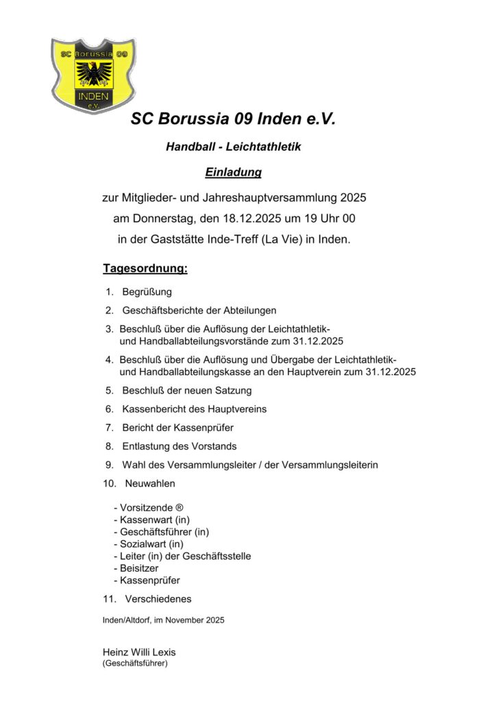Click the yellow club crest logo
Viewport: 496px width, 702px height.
point(93,75)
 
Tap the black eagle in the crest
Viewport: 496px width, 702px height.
point(93,71)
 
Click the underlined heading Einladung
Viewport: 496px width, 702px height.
point(234,172)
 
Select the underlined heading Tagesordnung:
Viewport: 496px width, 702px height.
point(145,268)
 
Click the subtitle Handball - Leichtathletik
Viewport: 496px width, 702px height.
point(234,147)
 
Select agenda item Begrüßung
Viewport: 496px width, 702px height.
point(147,292)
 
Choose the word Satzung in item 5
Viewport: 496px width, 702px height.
point(233,391)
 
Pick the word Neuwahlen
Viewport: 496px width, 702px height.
point(150,483)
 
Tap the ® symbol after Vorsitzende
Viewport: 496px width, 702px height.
point(179,508)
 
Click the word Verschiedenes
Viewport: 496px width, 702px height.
point(158,599)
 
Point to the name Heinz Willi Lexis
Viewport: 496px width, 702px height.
point(139,652)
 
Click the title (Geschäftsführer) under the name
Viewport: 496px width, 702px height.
point(135,664)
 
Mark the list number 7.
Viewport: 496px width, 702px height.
point(109,428)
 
